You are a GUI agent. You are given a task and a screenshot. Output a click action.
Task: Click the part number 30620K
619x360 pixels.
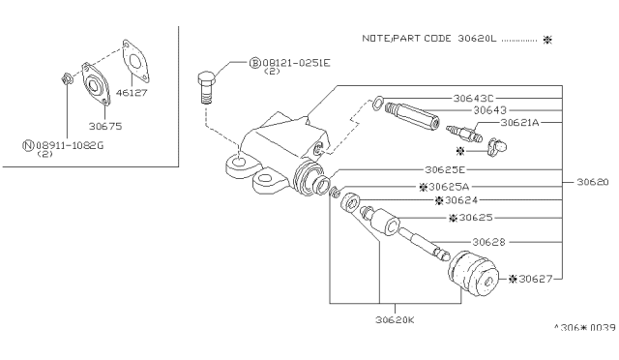tap(395, 319)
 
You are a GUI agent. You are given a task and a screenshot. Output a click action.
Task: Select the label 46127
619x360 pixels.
tap(132, 93)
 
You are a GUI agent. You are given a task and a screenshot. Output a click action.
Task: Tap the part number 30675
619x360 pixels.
tap(105, 127)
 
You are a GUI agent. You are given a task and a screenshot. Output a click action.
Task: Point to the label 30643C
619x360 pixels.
tap(473, 98)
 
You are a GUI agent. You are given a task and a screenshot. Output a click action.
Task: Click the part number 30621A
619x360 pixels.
tap(519, 123)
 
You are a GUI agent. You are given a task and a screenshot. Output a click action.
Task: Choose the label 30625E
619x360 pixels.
tap(445, 170)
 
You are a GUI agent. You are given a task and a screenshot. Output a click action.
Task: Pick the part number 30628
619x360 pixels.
tap(488, 242)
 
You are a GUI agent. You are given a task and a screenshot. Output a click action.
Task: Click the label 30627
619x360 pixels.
tap(535, 279)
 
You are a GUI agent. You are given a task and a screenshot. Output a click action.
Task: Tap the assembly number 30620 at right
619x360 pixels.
tap(593, 182)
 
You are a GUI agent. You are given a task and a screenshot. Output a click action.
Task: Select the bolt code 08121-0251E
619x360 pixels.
tap(296, 63)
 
